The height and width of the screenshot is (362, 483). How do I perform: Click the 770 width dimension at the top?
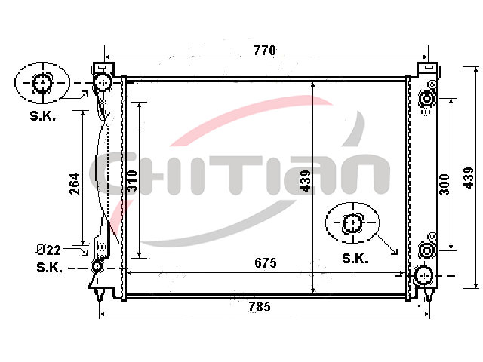pyautogui.click(x=265, y=51)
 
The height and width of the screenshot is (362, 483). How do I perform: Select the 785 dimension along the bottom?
pyautogui.click(x=260, y=307)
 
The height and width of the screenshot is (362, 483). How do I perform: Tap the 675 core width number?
pyautogui.click(x=266, y=263)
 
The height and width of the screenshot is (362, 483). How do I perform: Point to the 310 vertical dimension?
pyautogui.click(x=132, y=181)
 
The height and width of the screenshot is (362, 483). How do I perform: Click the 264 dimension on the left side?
pyautogui.click(x=75, y=184)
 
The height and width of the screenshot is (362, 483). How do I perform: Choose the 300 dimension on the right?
pyautogui.click(x=445, y=185)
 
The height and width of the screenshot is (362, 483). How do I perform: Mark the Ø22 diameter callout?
pyautogui.click(x=48, y=250)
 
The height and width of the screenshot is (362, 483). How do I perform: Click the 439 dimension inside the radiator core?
pyautogui.click(x=306, y=181)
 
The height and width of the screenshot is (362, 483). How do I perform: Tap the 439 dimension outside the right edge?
pyautogui.click(x=469, y=178)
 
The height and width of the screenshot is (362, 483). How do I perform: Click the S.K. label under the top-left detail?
pyautogui.click(x=43, y=116)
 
